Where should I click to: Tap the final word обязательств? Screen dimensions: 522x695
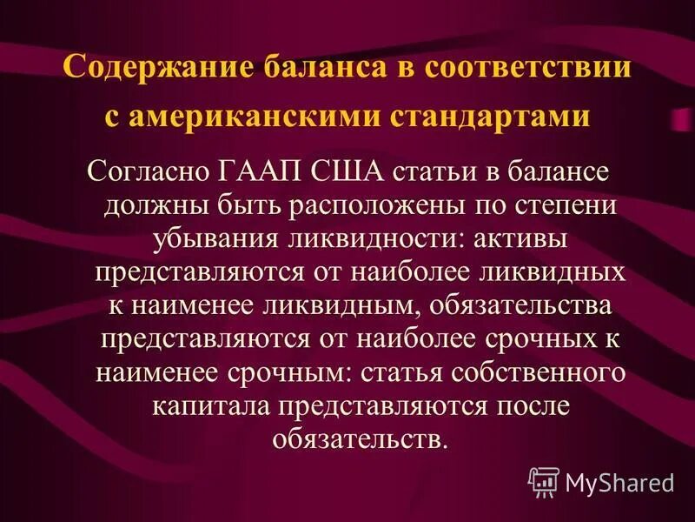pos(359,437)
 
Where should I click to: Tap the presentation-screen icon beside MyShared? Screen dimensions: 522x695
pos(545,480)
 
